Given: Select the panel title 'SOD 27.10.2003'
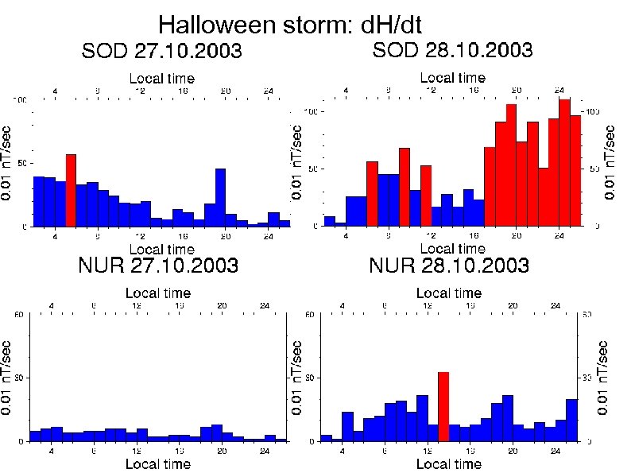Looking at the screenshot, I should tap(162, 52).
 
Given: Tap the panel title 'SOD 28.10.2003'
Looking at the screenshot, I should tap(452, 50).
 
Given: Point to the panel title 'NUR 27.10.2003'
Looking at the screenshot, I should tap(159, 265).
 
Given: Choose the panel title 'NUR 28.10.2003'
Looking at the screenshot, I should tap(449, 265).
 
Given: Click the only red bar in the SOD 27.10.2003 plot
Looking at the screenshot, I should tap(71, 191).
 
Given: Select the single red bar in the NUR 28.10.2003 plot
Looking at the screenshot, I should tap(443, 406).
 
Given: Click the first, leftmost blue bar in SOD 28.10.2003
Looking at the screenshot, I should tap(329, 221).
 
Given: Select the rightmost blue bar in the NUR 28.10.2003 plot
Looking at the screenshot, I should tap(571, 420).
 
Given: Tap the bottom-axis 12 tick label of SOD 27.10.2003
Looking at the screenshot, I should tap(140, 236).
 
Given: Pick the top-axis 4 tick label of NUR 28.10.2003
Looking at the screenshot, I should tap(343, 306).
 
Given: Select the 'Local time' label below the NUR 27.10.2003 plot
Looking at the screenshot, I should tap(159, 463).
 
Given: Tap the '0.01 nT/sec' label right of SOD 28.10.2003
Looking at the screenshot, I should tap(610, 162).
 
